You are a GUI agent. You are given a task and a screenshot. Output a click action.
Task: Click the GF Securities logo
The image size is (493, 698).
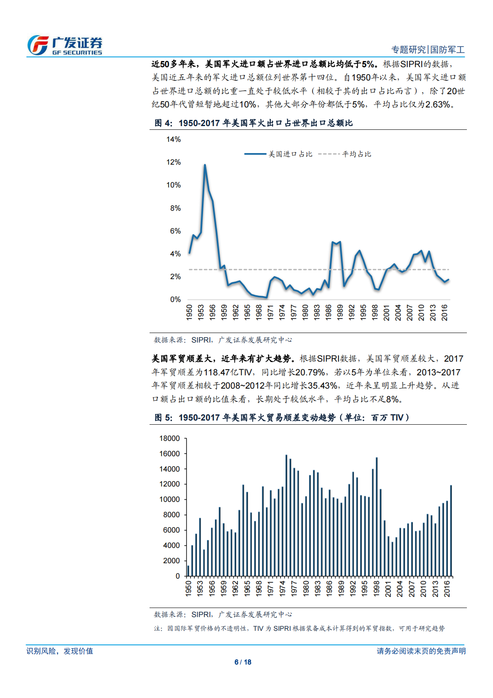pos(65,45)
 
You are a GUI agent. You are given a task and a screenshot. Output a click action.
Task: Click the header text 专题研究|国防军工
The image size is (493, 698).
pos(428,50)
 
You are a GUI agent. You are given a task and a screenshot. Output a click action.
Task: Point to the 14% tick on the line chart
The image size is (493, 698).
pos(174,139)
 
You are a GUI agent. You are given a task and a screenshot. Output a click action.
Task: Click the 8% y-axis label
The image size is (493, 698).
pos(175,208)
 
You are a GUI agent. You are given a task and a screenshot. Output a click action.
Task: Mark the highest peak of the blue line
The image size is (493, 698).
pos(205,165)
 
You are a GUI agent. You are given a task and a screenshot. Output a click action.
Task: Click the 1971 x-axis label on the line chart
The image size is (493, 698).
pos(271,312)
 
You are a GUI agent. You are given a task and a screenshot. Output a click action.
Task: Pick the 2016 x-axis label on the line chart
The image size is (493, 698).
pos(445,312)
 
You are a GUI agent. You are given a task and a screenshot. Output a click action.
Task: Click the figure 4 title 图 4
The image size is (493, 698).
pos(162,123)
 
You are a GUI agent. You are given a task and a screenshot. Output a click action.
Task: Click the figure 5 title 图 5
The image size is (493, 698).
pos(162,418)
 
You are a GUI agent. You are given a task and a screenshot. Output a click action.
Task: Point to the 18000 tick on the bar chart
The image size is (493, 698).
pos(169,438)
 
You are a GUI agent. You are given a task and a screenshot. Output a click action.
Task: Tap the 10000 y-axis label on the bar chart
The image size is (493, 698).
pos(169,499)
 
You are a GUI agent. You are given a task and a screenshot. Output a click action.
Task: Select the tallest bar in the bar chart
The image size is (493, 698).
pos(286,516)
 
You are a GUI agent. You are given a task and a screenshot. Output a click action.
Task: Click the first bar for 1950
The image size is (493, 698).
pos(188,571)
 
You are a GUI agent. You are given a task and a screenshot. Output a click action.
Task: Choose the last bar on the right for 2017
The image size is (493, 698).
pos(451,531)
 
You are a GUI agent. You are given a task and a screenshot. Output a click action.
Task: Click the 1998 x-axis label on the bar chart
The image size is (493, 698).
pos(376,589)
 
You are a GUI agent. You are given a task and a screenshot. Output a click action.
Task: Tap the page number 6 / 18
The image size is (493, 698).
pos(243,662)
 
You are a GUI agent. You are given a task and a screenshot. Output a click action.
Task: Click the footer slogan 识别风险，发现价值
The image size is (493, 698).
pos(60,651)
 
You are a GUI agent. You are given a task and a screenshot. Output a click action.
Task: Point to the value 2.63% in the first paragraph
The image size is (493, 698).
pos(438,105)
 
